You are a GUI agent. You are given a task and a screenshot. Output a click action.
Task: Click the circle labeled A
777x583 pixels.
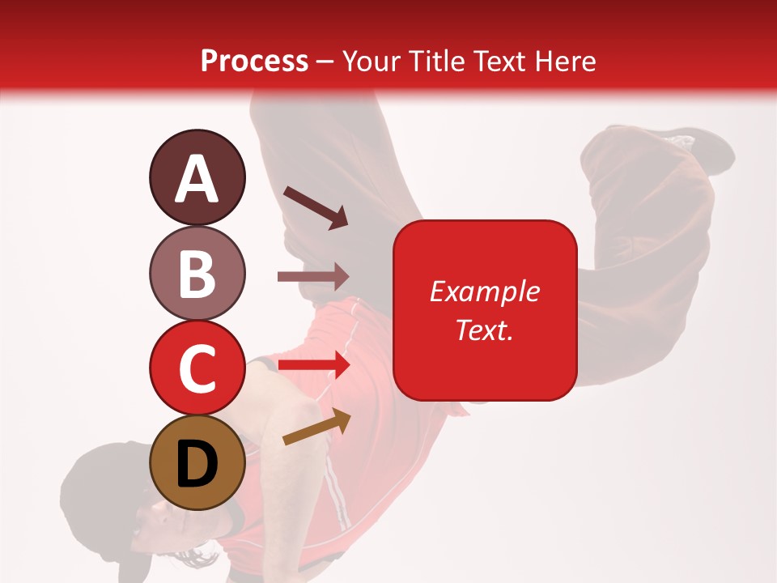[197, 177]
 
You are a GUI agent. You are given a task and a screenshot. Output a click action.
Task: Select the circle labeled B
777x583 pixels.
[197, 273]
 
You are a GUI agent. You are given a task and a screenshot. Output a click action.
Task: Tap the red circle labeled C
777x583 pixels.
[197, 368]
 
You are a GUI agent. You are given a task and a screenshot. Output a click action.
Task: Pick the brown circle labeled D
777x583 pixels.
[197, 462]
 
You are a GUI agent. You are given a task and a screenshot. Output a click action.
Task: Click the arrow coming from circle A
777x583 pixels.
[316, 206]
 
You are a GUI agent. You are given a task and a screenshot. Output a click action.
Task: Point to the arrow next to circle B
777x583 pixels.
[313, 277]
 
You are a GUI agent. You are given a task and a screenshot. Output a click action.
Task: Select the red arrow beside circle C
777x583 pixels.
[313, 365]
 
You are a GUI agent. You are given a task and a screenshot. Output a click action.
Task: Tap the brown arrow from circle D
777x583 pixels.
[317, 427]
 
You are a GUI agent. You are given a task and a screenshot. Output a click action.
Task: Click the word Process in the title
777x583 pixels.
[254, 61]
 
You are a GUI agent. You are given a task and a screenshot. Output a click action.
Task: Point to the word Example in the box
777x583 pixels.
[484, 291]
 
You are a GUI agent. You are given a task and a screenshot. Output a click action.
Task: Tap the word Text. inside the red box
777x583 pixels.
[484, 330]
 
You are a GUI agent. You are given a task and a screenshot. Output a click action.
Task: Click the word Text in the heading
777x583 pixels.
[498, 61]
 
